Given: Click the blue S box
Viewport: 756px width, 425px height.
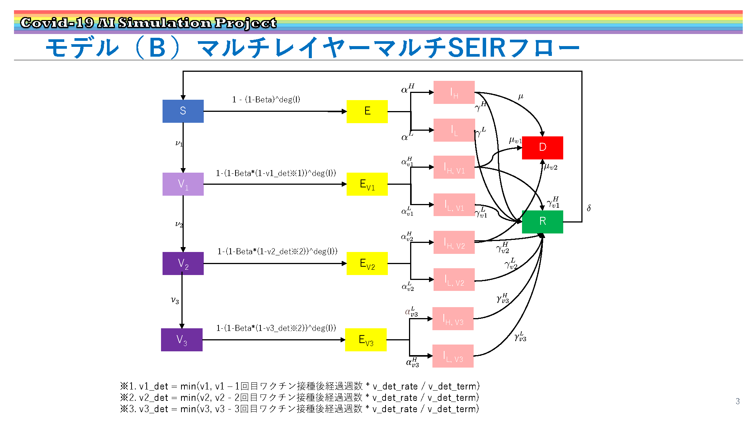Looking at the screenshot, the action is click(x=183, y=111).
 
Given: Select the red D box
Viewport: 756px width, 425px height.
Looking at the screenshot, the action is click(x=542, y=148).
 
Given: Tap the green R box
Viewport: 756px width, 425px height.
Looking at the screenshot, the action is click(x=542, y=222).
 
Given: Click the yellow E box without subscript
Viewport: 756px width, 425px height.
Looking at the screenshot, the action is click(x=367, y=111).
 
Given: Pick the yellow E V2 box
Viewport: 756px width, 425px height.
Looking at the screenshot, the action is click(x=367, y=263).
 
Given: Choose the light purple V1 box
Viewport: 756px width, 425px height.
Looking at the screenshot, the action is click(x=183, y=184).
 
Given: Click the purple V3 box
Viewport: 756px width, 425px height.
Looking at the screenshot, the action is click(x=182, y=340).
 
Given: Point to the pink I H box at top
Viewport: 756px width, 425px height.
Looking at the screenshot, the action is click(x=454, y=92).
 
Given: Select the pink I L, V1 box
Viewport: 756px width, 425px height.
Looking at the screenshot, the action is click(x=454, y=205).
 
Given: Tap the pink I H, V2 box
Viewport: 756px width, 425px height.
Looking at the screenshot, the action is click(x=454, y=242).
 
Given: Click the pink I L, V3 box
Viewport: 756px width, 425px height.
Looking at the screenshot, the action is click(x=453, y=356).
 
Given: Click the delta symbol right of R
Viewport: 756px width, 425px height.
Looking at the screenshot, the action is click(x=589, y=208).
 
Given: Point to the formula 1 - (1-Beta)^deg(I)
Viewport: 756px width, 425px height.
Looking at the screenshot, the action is click(x=266, y=99).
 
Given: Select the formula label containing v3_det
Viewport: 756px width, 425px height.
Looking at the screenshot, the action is click(x=276, y=328).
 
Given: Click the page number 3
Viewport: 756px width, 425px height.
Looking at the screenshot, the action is click(x=737, y=401).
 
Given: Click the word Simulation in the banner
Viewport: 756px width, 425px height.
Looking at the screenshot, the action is click(x=165, y=23).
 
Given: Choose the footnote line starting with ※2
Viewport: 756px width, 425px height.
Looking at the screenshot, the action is click(x=299, y=397).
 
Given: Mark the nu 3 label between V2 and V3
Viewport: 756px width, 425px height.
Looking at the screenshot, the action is click(x=175, y=300).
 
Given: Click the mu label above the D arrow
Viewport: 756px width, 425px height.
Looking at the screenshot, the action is click(x=521, y=97).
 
